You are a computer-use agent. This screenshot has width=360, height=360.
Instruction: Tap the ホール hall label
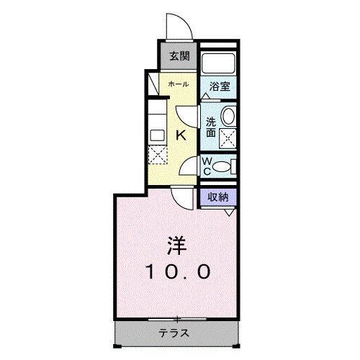tap(178, 84)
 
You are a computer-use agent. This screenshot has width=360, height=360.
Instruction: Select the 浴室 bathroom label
tap(220, 85)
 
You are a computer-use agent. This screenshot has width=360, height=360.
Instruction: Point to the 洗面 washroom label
tap(211, 127)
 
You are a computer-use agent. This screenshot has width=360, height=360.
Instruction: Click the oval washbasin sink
tap(228, 115)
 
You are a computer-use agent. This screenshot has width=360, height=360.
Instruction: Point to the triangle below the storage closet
tap(229, 212)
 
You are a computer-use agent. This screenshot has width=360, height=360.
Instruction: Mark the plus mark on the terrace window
tap(177, 318)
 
